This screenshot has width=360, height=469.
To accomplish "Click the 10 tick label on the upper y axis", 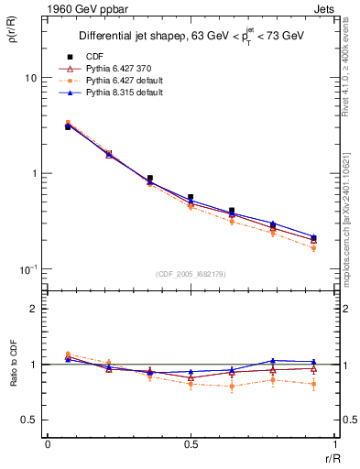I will point(30,78).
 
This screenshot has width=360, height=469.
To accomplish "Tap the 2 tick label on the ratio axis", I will point(33,309).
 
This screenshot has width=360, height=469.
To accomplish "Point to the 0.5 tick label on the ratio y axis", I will point(29,420).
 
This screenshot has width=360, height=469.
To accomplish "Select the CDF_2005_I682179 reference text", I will point(190,273).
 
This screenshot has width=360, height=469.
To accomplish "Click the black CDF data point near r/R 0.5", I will point(191,197).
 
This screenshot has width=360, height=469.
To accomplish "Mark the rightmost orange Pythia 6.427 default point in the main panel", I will point(313,248).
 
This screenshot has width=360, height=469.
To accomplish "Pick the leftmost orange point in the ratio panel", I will point(68,354).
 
